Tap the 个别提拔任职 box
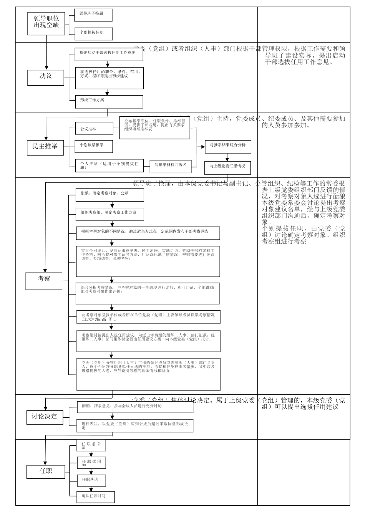pyautogui.click(x=93, y=33)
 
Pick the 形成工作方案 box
pyautogui.click(x=109, y=102)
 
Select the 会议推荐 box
pyautogui.click(x=94, y=129)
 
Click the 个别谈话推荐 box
pyautogui.click(x=94, y=146)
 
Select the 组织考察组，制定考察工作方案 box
pyautogui.click(x=109, y=215)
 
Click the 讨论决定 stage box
pyautogui.click(x=44, y=417)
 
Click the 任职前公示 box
pyautogui.click(x=91, y=445)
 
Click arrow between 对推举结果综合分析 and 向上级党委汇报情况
pyautogui.click(x=227, y=157)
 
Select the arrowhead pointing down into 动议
pyautogui.click(x=46, y=67)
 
